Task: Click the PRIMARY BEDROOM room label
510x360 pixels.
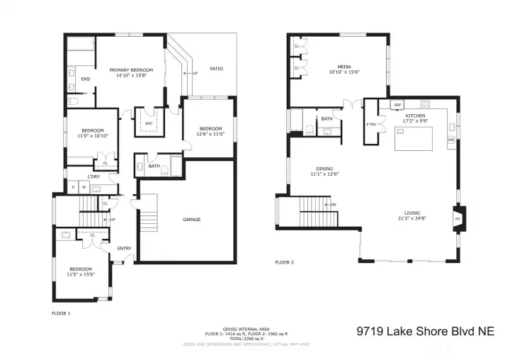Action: [132, 70]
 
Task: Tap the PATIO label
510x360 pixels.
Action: [217, 69]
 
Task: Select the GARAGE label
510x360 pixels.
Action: [191, 220]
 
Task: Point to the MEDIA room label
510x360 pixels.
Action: [345, 67]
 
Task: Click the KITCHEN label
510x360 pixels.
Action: [415, 115]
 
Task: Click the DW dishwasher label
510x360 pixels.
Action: [450, 140]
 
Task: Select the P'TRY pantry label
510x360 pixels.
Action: [371, 125]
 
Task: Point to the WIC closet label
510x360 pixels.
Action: [149, 123]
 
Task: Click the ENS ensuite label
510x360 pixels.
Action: [85, 79]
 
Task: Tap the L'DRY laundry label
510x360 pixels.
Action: [93, 176]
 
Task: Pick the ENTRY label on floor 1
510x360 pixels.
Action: [124, 248]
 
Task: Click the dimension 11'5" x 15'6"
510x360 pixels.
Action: [81, 274]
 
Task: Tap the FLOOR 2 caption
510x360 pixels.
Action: [285, 262]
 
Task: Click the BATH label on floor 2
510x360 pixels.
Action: [327, 119]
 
